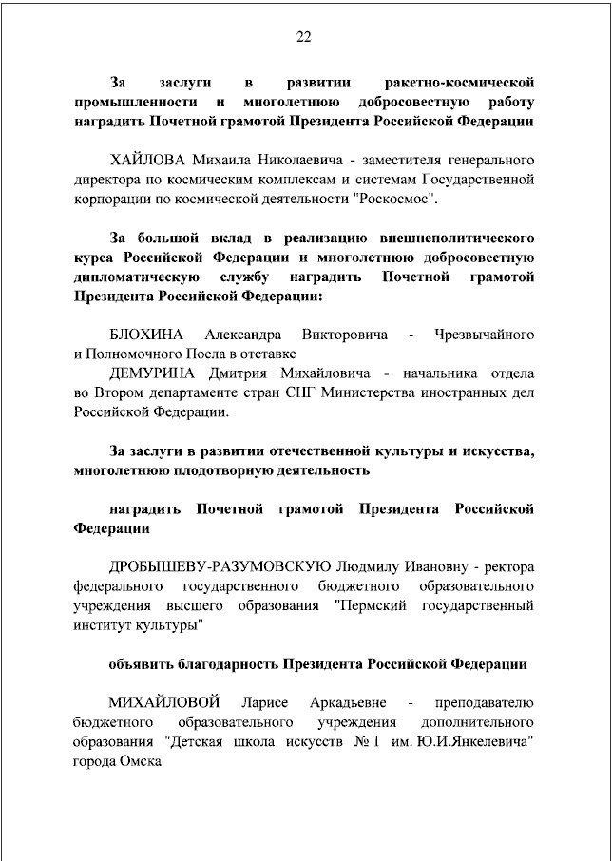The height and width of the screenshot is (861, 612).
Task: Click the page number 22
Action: [x=304, y=38]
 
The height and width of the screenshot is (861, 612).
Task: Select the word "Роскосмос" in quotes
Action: [x=397, y=200]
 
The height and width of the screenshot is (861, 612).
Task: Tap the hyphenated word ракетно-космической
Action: [x=455, y=80]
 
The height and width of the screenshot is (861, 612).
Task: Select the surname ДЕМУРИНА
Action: [x=153, y=372]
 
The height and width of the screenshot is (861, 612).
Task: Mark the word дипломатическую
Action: [x=137, y=277]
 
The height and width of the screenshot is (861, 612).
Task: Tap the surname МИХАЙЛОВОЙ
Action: [x=163, y=702]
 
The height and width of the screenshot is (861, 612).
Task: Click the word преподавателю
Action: [x=484, y=702]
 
